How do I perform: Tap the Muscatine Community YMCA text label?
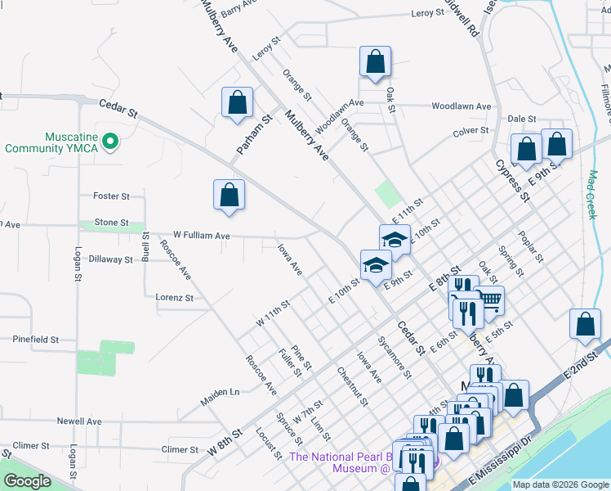click(x=51, y=142)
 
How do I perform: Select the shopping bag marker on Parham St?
click(x=237, y=103)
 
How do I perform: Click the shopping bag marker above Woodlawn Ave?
click(x=375, y=61)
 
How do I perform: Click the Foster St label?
click(x=112, y=196)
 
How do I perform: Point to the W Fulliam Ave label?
click(x=200, y=235)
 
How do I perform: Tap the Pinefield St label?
click(x=36, y=339)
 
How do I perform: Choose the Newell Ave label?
click(x=79, y=421)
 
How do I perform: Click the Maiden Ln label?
click(x=220, y=398)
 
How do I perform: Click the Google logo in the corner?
click(x=27, y=481)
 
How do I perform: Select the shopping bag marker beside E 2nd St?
click(x=586, y=324)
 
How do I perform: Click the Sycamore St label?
click(x=394, y=356)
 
